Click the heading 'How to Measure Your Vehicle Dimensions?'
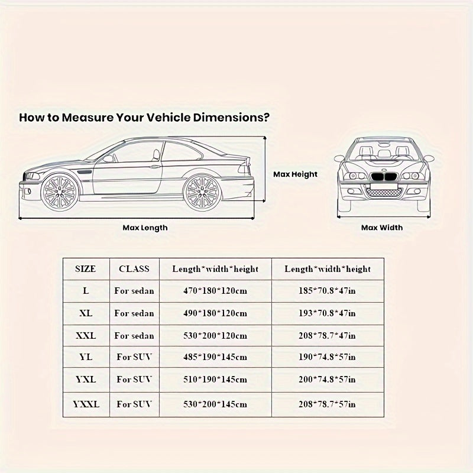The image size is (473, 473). pos(145,117)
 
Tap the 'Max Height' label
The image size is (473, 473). pos(295,174)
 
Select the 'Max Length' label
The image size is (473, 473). pos(145,228)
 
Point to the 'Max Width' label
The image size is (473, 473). pos(382,228)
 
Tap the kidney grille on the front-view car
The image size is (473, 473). pos(382,178)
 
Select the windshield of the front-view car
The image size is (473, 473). pos(382,152)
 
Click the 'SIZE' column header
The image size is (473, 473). pos(86,268)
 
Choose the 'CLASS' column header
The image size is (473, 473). pos(134,268)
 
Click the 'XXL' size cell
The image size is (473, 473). pos(86,336)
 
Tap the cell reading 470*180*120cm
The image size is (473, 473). pos(215,291)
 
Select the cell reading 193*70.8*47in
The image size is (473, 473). pos(328,313)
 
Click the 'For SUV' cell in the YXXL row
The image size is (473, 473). pos(134,404)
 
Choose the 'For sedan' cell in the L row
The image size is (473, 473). pos(134,291)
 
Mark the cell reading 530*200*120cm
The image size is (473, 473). pos(215,336)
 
